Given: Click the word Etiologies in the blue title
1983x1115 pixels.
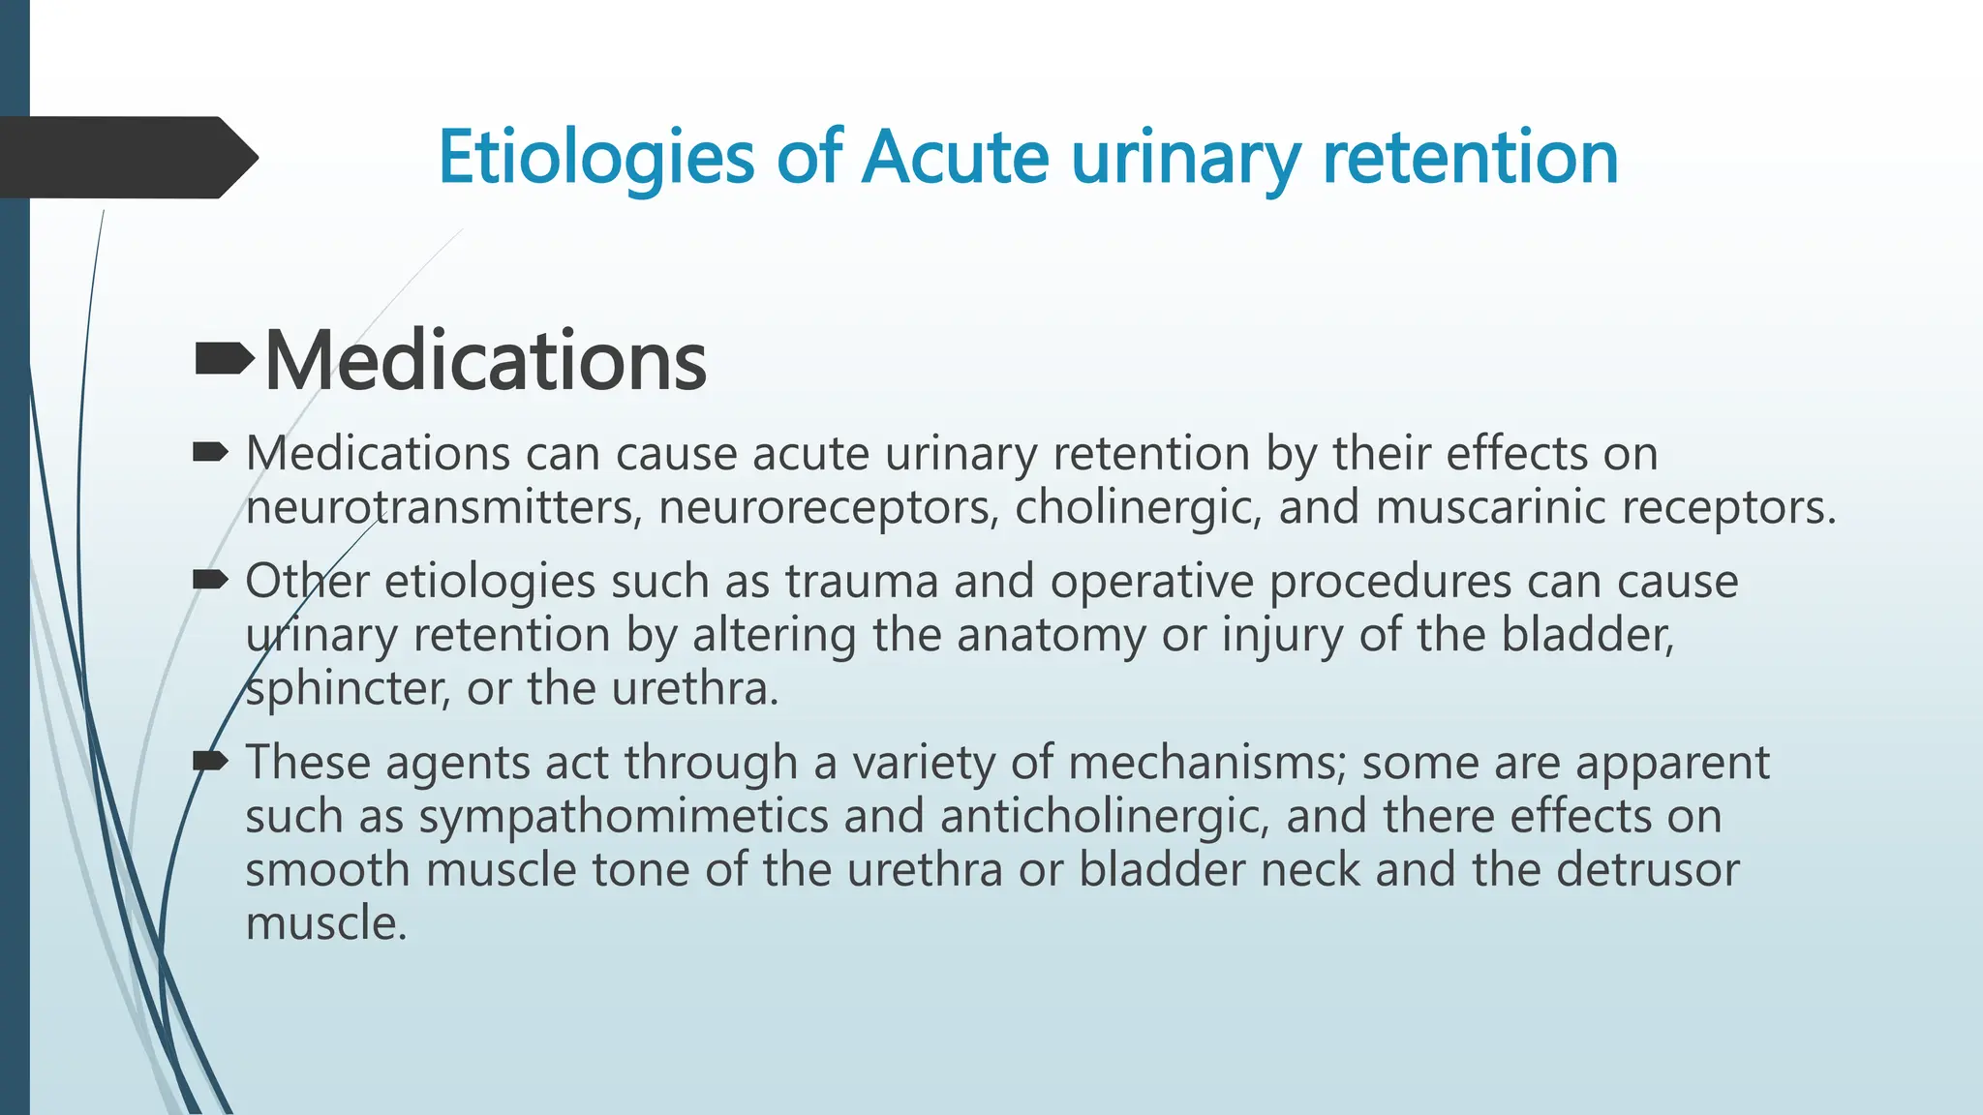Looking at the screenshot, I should tap(595, 158).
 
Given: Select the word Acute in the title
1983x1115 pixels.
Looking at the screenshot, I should tap(955, 158).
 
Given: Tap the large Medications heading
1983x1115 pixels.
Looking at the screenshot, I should tap(485, 361).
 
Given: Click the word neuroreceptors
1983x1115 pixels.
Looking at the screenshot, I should tap(828, 507).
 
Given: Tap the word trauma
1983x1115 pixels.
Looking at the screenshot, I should tap(862, 582).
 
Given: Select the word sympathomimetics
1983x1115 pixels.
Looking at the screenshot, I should tap(624, 816).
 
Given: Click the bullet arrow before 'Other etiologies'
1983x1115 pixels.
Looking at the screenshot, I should tap(210, 581).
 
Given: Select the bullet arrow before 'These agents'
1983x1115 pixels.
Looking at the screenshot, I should tap(210, 762).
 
